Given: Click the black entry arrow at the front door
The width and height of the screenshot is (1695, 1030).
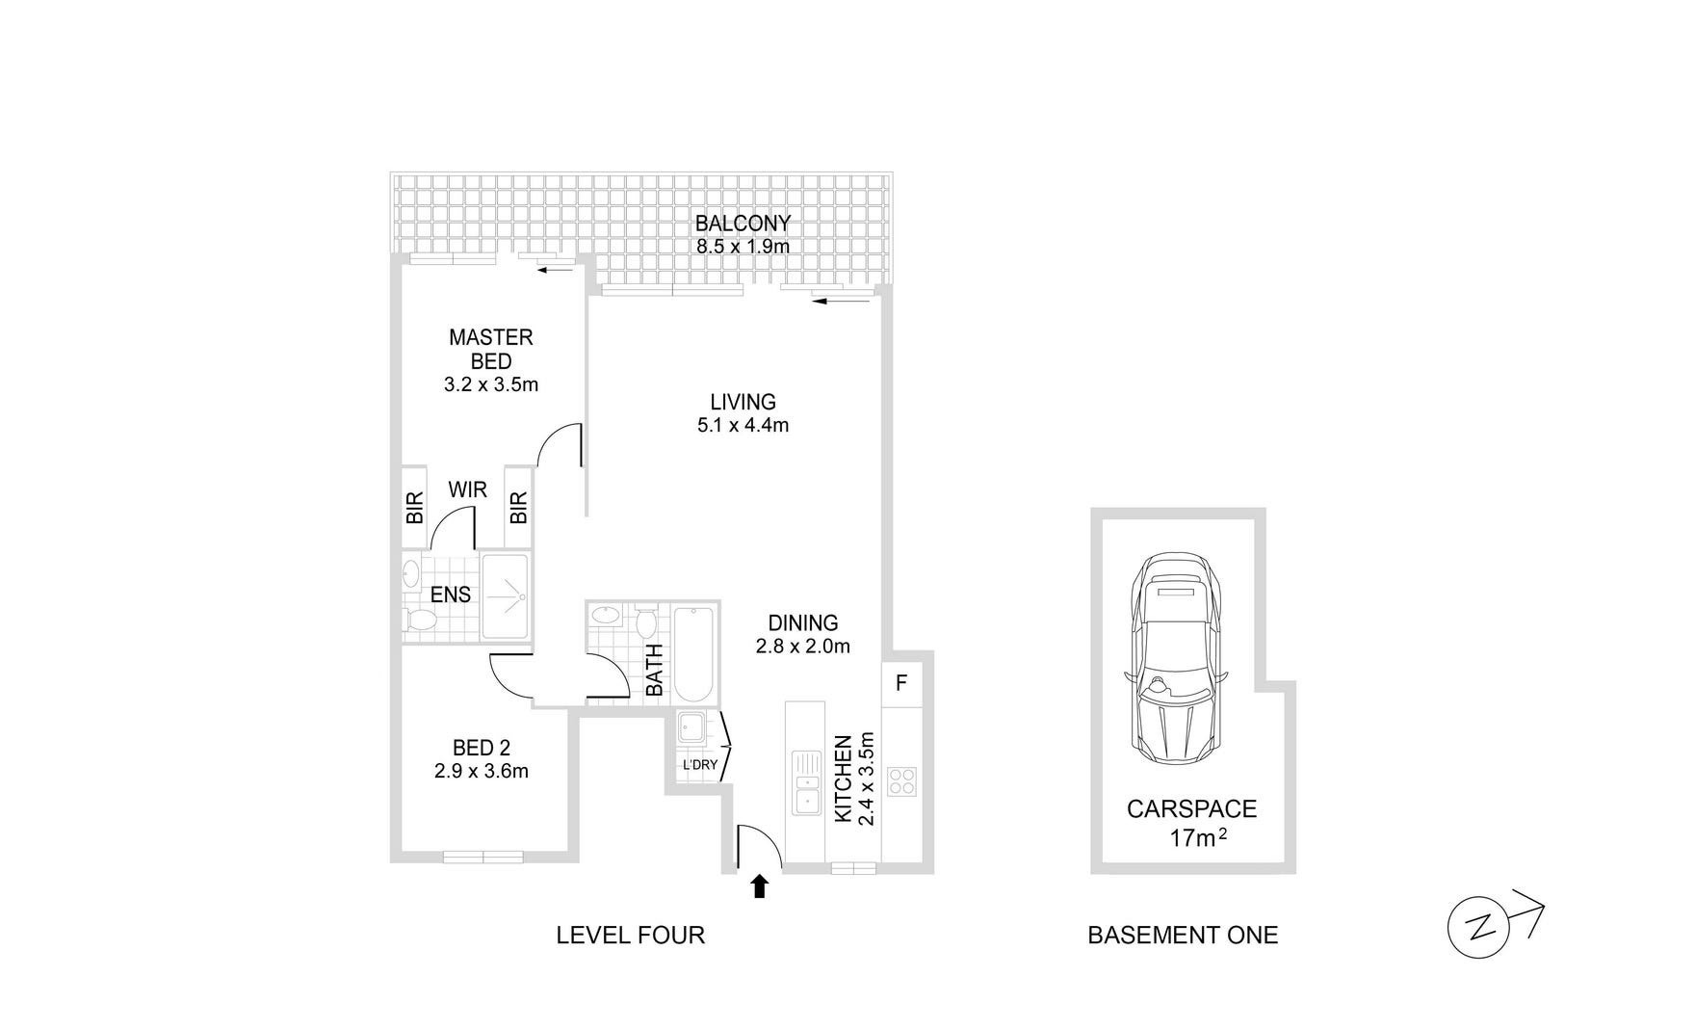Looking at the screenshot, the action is pyautogui.click(x=760, y=886).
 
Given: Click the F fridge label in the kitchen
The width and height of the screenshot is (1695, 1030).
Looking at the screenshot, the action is pyautogui.click(x=901, y=683).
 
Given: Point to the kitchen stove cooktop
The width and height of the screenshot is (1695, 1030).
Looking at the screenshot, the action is pyautogui.click(x=902, y=780).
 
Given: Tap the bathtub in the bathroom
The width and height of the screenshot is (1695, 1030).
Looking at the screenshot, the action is pyautogui.click(x=693, y=655).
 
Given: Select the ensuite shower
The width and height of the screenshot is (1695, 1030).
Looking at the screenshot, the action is pyautogui.click(x=505, y=596).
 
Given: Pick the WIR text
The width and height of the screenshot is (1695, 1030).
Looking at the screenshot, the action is pyautogui.click(x=467, y=489).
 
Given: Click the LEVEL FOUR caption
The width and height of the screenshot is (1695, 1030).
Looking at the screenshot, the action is pyautogui.click(x=631, y=935).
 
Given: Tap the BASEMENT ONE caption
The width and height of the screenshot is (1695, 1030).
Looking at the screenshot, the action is pyautogui.click(x=1183, y=935).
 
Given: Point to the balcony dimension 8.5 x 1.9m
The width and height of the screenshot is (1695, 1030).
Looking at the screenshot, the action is pyautogui.click(x=743, y=247).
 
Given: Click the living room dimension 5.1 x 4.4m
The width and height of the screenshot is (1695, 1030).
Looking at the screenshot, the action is pyautogui.click(x=743, y=425).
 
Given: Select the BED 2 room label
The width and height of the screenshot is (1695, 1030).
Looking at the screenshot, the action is pyautogui.click(x=482, y=748).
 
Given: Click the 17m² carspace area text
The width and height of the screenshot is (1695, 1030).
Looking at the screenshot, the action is pyautogui.click(x=1198, y=837).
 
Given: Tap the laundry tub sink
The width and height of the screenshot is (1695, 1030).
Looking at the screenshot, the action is pyautogui.click(x=691, y=727).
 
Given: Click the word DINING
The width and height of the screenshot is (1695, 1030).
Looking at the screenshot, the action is pyautogui.click(x=803, y=623).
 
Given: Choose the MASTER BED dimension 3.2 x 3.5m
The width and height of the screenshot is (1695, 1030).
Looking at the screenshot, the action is pyautogui.click(x=491, y=385).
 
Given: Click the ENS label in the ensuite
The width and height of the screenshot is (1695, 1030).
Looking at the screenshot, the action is pyautogui.click(x=451, y=594).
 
